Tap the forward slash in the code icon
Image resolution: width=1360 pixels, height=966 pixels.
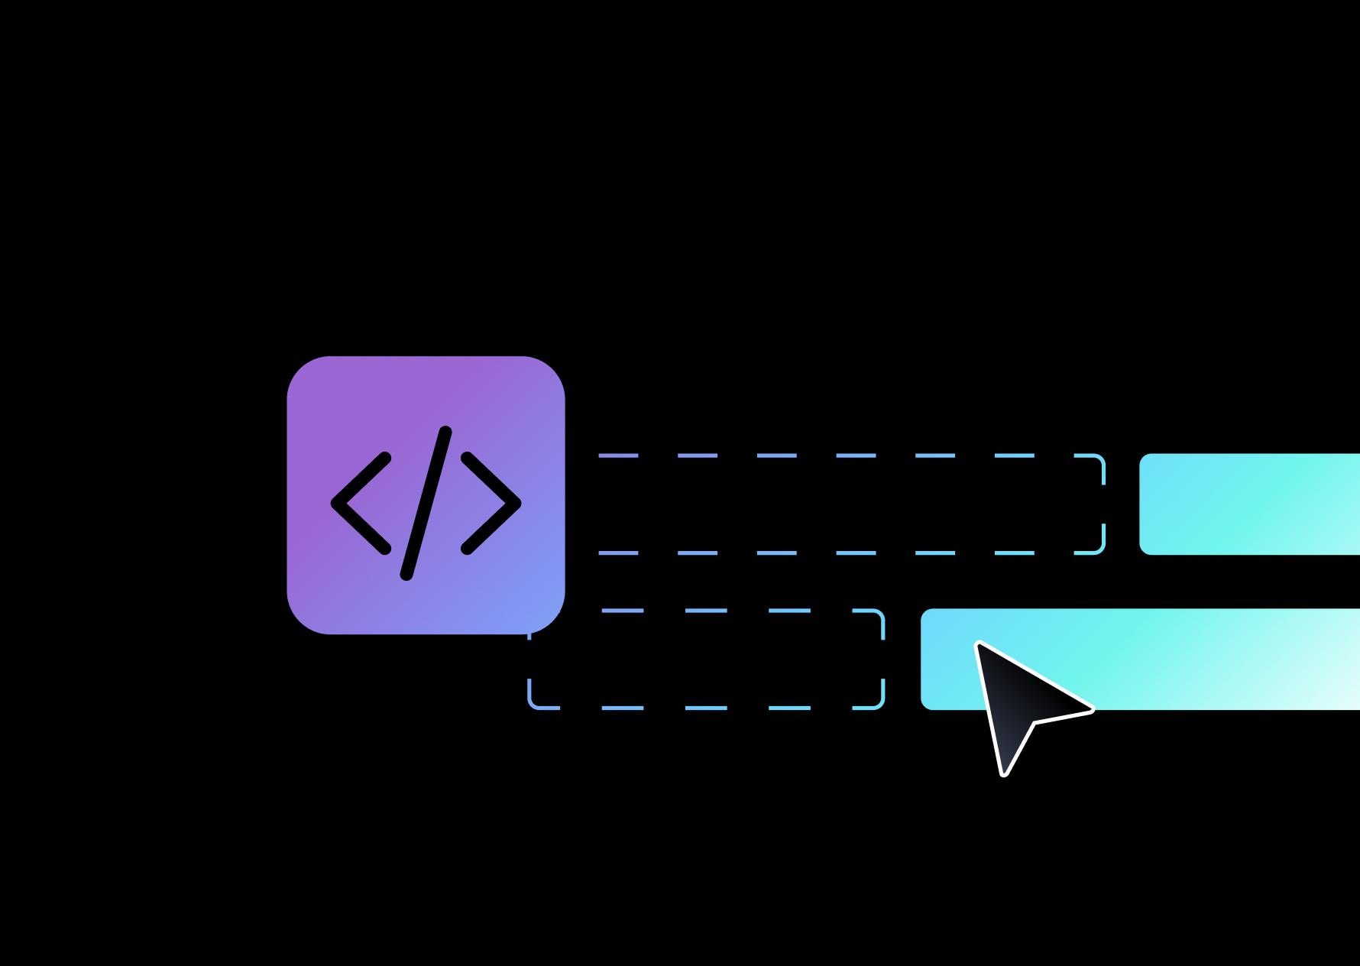click(426, 503)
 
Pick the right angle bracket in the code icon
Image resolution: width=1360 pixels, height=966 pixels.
click(491, 503)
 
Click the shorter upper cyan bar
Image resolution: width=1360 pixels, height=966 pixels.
click(1249, 504)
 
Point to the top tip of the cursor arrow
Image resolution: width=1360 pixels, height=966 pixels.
click(979, 644)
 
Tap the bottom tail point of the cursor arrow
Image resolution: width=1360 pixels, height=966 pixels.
click(1004, 773)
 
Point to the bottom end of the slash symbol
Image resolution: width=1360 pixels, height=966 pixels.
click(406, 575)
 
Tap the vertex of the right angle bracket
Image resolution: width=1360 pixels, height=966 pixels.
click(516, 503)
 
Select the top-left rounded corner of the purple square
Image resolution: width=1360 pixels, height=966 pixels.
click(301, 370)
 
